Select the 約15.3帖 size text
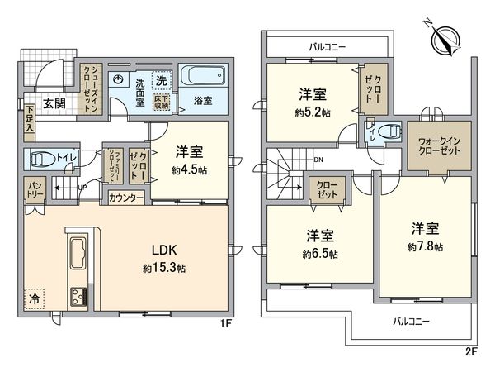click(163, 269)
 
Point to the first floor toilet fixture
click(40, 159)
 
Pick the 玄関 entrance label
click(54, 104)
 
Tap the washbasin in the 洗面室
click(120, 81)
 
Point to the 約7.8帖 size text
click(426, 246)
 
